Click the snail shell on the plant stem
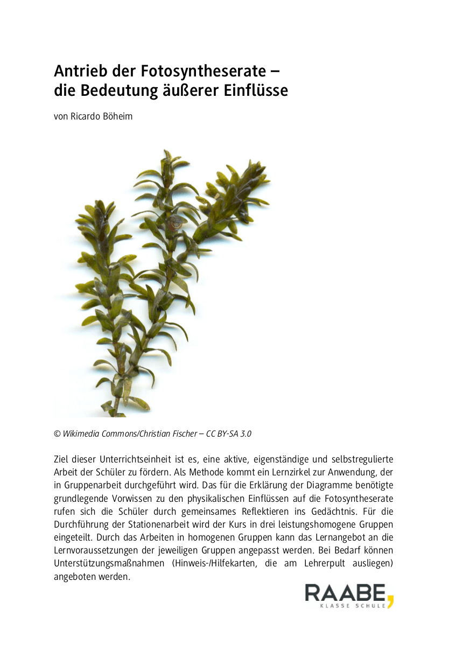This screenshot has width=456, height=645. tap(175, 222)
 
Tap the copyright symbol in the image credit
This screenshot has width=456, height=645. tap(57, 433)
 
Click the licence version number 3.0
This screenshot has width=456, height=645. tap(245, 433)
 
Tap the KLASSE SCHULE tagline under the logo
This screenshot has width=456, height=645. tap(353, 606)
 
